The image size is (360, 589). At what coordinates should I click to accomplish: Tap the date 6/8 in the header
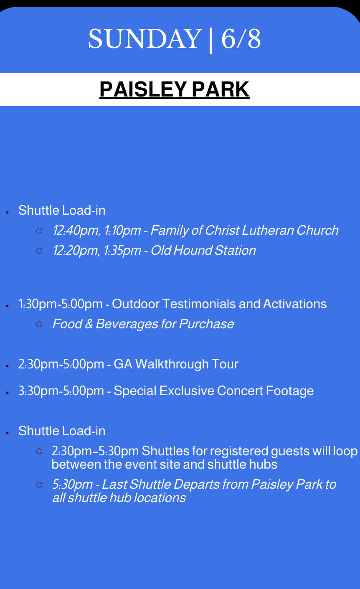(x=241, y=39)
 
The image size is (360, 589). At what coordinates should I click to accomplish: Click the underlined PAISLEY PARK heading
(x=175, y=89)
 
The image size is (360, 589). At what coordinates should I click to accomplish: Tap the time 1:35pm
(x=122, y=251)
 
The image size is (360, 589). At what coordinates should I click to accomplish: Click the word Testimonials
(x=199, y=304)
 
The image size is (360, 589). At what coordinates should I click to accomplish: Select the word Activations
(x=295, y=304)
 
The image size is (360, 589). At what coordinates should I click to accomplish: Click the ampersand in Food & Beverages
(x=89, y=324)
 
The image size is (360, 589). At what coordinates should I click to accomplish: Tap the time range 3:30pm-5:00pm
(x=61, y=391)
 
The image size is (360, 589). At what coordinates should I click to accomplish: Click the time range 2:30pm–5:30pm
(x=95, y=451)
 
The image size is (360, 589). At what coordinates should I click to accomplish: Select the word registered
(x=239, y=452)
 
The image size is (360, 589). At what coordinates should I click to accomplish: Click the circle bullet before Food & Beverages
(x=39, y=324)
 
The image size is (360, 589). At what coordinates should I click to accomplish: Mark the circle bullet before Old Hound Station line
(x=39, y=251)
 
